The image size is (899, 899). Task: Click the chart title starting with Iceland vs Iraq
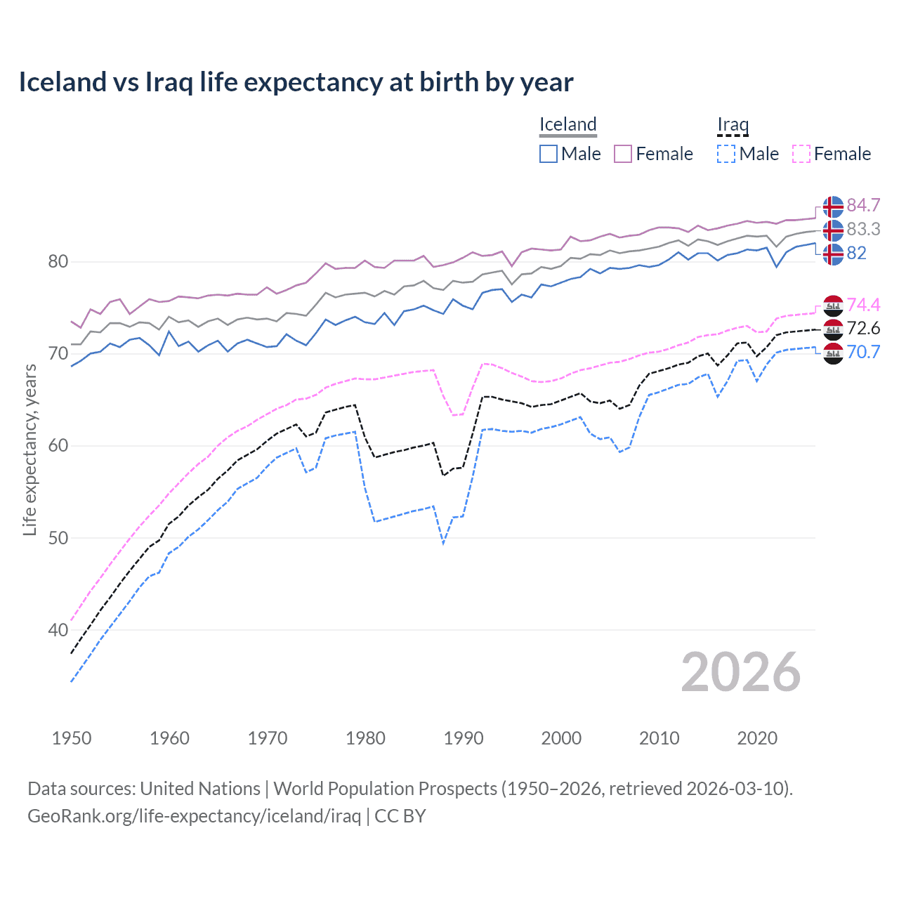point(296,82)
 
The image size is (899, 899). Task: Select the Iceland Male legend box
point(549,154)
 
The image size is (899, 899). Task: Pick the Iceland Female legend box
point(623,154)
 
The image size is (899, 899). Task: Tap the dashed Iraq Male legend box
point(726,154)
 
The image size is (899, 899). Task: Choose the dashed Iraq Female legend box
point(801,154)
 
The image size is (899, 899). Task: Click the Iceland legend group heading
point(567,124)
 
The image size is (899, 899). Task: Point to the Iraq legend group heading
point(733,124)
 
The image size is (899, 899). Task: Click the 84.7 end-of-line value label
point(863,205)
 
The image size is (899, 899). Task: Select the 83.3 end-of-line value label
point(863,229)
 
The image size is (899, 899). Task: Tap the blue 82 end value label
point(856,253)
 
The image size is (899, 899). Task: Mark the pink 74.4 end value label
point(863,305)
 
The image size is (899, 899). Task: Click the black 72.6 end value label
point(863,328)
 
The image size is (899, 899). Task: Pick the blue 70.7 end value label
point(863,352)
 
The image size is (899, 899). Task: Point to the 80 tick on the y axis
point(58,262)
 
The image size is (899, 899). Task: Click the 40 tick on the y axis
point(58,630)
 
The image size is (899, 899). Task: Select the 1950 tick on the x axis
point(72,738)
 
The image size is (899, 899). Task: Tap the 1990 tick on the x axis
point(464,738)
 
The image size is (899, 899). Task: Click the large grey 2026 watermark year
point(740,672)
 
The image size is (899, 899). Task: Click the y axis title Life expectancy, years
point(29,449)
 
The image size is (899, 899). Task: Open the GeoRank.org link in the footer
point(194,816)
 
